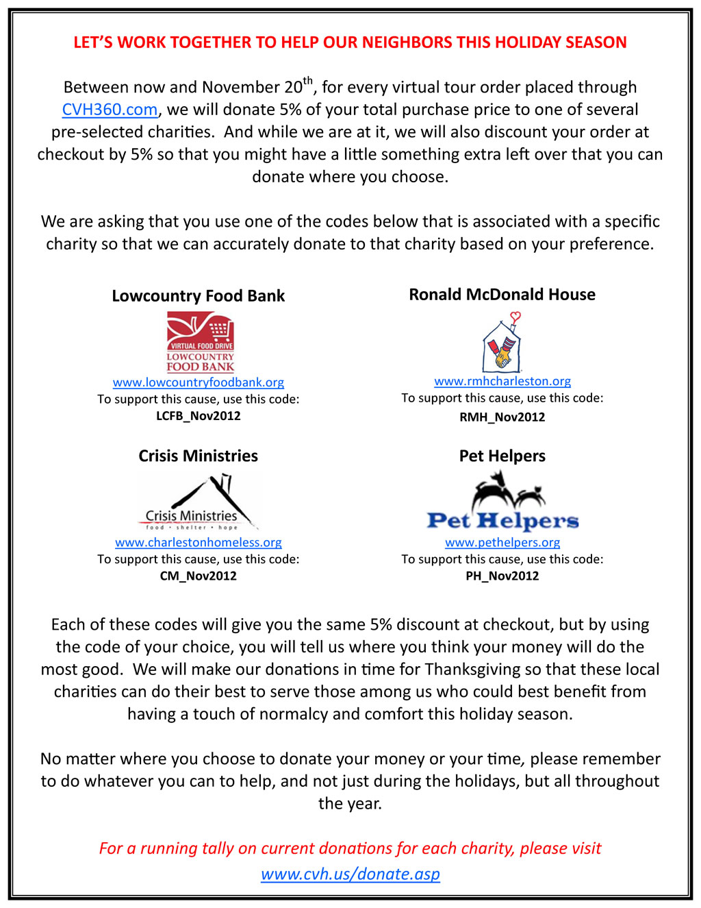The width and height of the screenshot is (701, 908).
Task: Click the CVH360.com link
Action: pyautogui.click(x=110, y=110)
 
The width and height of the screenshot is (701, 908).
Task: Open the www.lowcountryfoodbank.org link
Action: pyautogui.click(x=199, y=382)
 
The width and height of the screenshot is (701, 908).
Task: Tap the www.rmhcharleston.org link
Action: pyautogui.click(x=502, y=381)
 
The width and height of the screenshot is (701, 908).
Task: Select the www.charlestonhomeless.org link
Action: pyautogui.click(x=199, y=542)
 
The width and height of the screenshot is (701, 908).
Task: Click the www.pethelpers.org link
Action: pyautogui.click(x=502, y=542)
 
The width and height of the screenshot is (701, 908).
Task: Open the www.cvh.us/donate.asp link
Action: pyautogui.click(x=350, y=874)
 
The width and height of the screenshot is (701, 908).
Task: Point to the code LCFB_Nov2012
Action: pyautogui.click(x=199, y=416)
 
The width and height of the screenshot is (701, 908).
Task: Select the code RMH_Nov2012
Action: pyautogui.click(x=502, y=417)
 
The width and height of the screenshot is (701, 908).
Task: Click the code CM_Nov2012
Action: pyautogui.click(x=199, y=576)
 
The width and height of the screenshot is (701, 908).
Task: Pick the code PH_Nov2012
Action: pyautogui.click(x=502, y=576)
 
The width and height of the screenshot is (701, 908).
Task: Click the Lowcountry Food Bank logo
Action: pyautogui.click(x=201, y=342)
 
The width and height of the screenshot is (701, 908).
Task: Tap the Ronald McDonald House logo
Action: pyautogui.click(x=502, y=343)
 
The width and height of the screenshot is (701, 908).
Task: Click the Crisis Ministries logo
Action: pyautogui.click(x=199, y=503)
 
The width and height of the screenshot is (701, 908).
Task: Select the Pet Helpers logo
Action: pyautogui.click(x=502, y=504)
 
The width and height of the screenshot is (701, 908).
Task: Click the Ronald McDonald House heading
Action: pyautogui.click(x=502, y=295)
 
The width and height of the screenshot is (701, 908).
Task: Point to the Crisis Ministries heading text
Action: pyautogui.click(x=199, y=456)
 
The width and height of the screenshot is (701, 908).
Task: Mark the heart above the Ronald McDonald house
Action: pyautogui.click(x=515, y=317)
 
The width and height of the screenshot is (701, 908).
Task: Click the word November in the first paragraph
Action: pyautogui.click(x=241, y=88)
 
